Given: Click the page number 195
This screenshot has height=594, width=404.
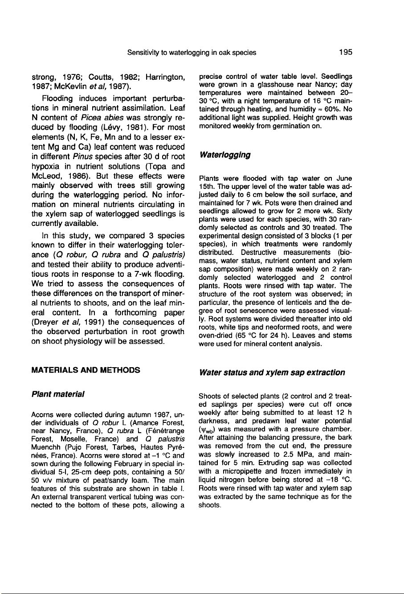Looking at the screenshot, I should (x=345, y=52).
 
